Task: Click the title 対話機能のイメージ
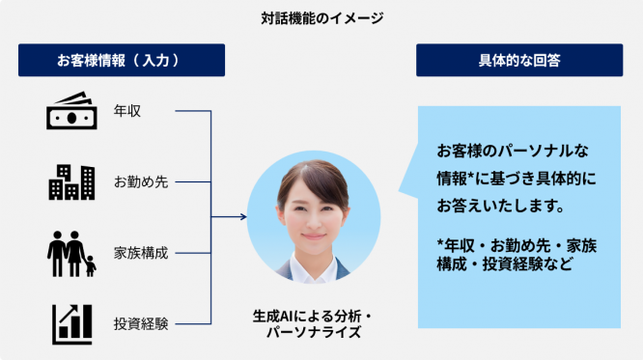(x=321, y=17)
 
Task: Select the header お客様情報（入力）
(x=121, y=61)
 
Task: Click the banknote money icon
(x=71, y=111)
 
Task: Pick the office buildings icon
(x=71, y=181)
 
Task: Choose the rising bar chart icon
(x=72, y=323)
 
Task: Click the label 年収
(x=127, y=111)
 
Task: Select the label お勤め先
(x=141, y=181)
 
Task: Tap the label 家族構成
(x=141, y=253)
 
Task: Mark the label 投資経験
(x=141, y=323)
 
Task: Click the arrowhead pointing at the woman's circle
(x=241, y=218)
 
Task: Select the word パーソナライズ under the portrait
(x=313, y=332)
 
